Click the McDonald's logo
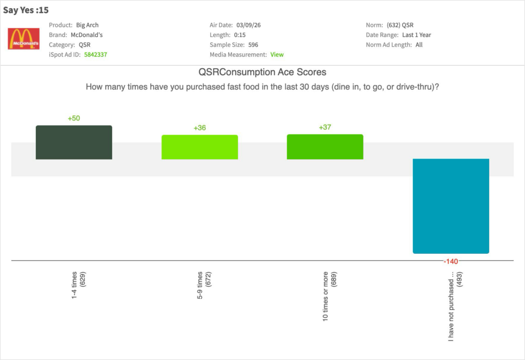(x=24, y=38)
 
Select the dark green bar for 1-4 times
(x=74, y=143)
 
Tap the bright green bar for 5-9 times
(x=199, y=147)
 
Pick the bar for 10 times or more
(x=325, y=147)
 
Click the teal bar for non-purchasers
(x=451, y=206)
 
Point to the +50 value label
(x=74, y=118)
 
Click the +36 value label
(x=199, y=128)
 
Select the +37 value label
(x=325, y=127)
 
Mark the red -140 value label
(x=451, y=262)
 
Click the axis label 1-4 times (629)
(x=78, y=285)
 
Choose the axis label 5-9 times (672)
(x=204, y=285)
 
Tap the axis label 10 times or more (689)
(x=330, y=296)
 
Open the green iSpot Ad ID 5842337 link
(x=95, y=54)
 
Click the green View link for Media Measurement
(x=277, y=54)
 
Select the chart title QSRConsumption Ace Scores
(x=262, y=72)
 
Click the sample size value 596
(x=253, y=45)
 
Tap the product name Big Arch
(x=87, y=25)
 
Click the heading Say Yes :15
(x=26, y=10)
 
